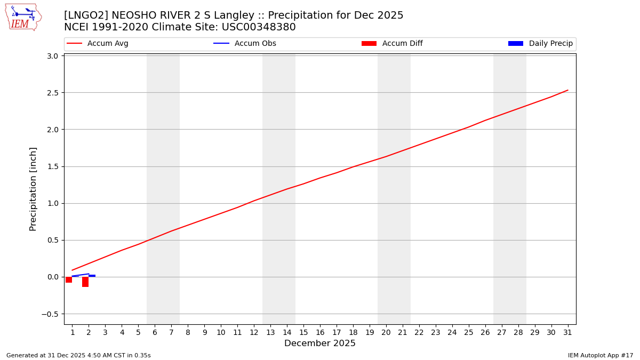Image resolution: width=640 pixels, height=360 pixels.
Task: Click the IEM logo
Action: (x=23, y=17)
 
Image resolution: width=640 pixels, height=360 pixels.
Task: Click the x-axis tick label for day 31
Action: (x=567, y=332)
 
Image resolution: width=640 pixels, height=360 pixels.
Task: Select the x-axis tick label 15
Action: (x=303, y=332)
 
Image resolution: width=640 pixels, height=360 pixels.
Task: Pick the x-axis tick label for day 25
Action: (x=468, y=332)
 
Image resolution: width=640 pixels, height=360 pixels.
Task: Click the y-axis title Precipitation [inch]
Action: (x=33, y=189)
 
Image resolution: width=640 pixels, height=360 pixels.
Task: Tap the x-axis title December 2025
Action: (x=319, y=343)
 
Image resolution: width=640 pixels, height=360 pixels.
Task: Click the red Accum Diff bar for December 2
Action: (x=85, y=282)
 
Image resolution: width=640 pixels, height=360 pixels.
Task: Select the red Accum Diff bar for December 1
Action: (x=69, y=279)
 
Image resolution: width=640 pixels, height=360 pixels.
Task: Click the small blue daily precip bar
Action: (x=92, y=276)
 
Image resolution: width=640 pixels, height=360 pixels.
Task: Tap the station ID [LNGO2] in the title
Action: (x=85, y=15)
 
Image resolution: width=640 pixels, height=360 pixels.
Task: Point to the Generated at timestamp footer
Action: (x=78, y=355)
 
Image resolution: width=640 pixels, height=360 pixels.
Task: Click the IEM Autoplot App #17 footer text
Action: (x=600, y=355)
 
